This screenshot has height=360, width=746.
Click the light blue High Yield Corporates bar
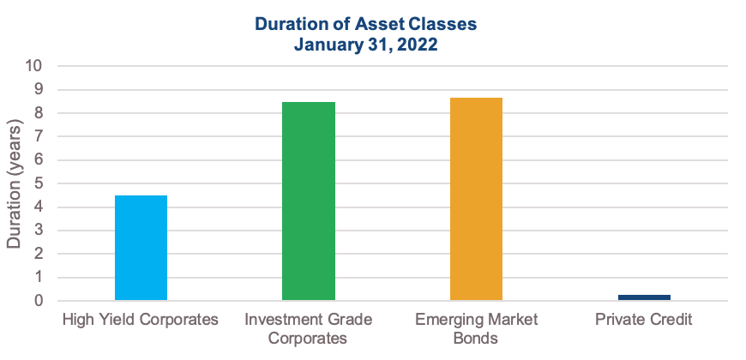pyautogui.click(x=141, y=248)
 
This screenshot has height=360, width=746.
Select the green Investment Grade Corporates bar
pyautogui.click(x=309, y=201)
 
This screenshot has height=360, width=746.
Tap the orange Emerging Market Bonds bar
pyautogui.click(x=476, y=199)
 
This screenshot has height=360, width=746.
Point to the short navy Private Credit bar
pyautogui.click(x=644, y=297)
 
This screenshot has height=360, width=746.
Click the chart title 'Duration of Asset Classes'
pyautogui.click(x=365, y=24)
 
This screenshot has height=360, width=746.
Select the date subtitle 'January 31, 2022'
pyautogui.click(x=365, y=45)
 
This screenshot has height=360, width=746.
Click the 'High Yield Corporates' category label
pyautogui.click(x=141, y=319)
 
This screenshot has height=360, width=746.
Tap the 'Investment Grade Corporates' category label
pyautogui.click(x=309, y=328)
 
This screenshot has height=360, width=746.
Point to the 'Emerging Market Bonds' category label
pyautogui.click(x=476, y=328)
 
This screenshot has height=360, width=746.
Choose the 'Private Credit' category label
pyautogui.click(x=644, y=319)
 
